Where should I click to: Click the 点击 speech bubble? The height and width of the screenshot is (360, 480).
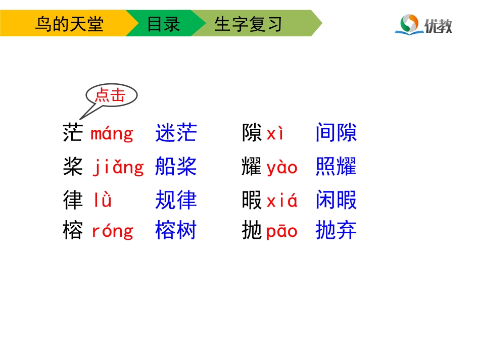click(111, 95)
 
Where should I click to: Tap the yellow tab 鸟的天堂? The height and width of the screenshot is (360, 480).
click(69, 24)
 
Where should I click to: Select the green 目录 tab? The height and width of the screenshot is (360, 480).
click(163, 24)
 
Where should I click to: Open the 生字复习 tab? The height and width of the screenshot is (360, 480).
click(248, 24)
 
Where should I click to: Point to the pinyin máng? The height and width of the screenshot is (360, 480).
click(112, 134)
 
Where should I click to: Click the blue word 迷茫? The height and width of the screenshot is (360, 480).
click(176, 133)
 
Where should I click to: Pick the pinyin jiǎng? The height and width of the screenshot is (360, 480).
click(118, 168)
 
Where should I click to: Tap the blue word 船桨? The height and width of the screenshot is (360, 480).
click(176, 167)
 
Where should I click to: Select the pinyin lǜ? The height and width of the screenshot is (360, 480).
click(103, 200)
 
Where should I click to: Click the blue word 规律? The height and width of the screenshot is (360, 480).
click(176, 200)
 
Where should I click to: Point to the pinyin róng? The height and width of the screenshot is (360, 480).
click(112, 231)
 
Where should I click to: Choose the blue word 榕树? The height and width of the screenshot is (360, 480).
click(176, 231)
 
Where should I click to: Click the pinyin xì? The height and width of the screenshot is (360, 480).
click(276, 134)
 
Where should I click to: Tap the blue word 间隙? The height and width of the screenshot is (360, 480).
click(336, 133)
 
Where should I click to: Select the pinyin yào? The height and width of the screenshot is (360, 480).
click(282, 168)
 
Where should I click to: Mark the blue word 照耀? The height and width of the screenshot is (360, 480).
click(336, 167)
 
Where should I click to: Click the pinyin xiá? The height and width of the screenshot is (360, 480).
click(282, 201)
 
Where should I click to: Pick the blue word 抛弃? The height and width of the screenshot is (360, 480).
click(336, 231)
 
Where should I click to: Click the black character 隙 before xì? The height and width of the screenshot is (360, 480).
click(252, 133)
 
